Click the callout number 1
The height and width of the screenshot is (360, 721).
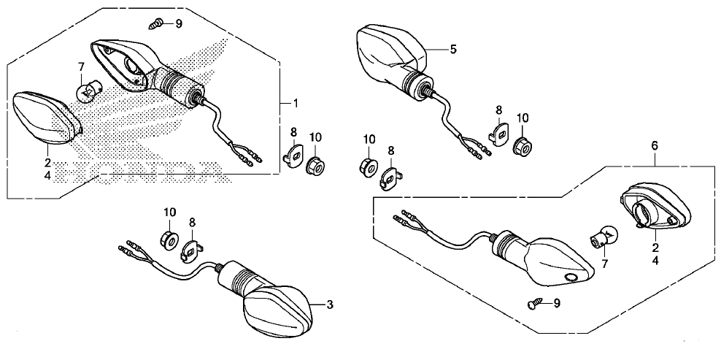296,104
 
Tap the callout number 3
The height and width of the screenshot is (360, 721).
330,305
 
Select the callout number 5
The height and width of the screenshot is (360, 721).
453,49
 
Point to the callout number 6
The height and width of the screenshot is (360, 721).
655,146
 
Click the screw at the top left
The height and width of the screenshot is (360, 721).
157,23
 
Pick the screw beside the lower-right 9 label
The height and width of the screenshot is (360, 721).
533,305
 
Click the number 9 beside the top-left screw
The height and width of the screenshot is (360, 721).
178,23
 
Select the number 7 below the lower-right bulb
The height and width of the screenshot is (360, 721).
605,264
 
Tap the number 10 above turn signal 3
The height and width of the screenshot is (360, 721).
170,212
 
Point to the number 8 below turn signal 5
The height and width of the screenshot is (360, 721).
499,110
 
